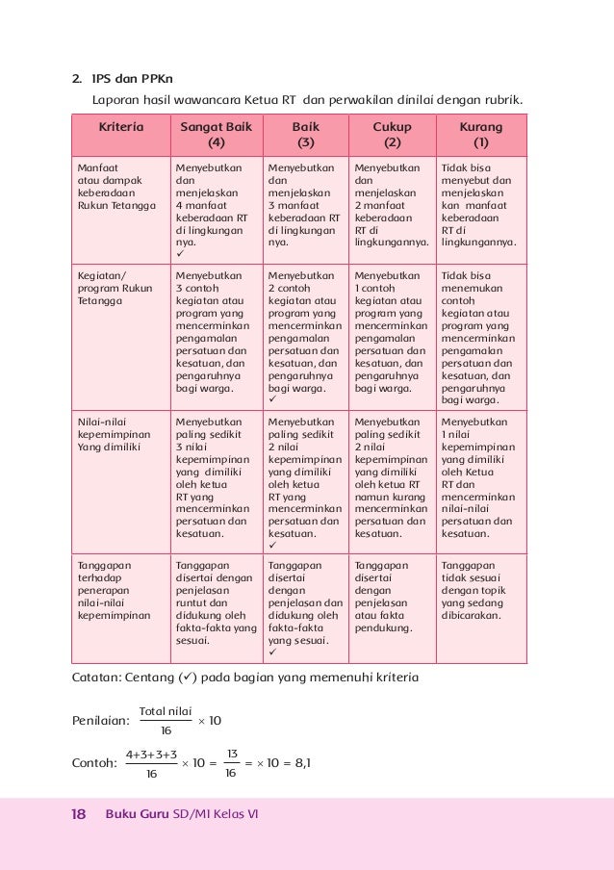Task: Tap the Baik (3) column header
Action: click(305, 135)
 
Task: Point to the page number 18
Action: click(77, 814)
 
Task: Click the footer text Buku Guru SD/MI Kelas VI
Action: click(182, 814)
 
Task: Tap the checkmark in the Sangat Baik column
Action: click(180, 255)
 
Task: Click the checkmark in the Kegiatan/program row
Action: click(273, 399)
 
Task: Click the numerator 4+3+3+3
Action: click(151, 753)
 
